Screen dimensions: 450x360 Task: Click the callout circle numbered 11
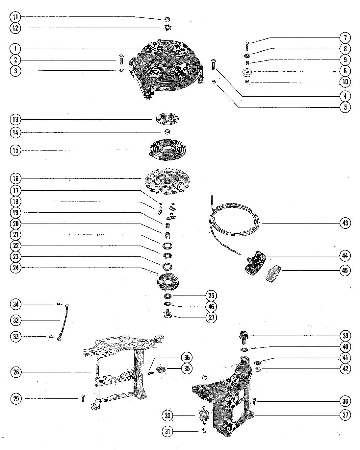pos(15,17)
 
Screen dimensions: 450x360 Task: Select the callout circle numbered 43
pos(345,223)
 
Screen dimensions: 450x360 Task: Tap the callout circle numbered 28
pos(15,372)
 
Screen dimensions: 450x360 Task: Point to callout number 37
pos(345,415)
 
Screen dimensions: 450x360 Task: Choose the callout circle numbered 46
pos(211,307)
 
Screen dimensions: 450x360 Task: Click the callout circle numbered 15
pos(15,150)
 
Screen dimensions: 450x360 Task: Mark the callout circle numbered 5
pos(345,107)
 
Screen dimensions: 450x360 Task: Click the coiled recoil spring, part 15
pos(165,151)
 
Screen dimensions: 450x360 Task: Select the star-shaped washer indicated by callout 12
pos(167,28)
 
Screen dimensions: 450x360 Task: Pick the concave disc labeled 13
pos(167,119)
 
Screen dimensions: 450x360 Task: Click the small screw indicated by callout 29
pos(83,398)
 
